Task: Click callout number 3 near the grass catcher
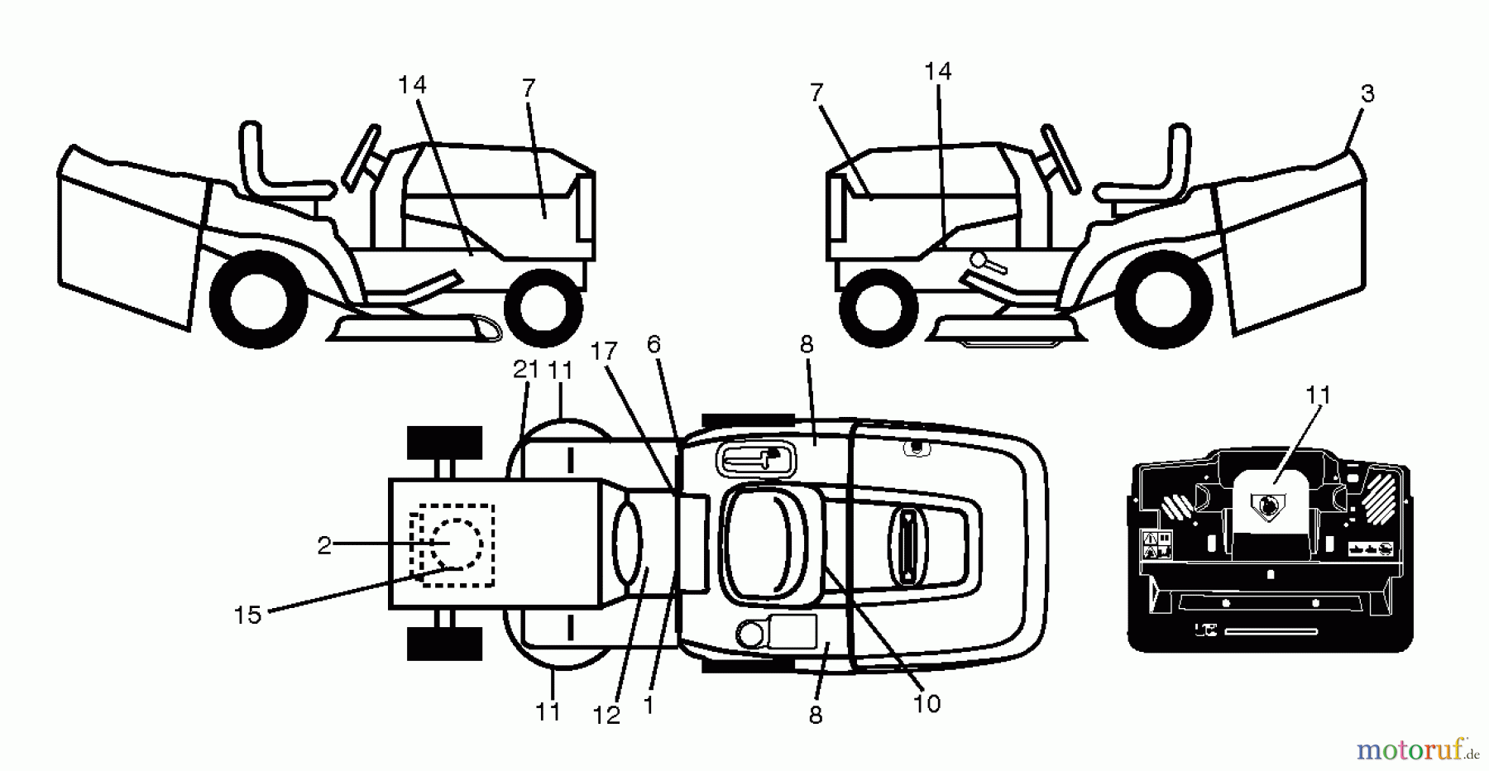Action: pyautogui.click(x=1367, y=94)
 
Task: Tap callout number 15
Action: pyautogui.click(x=247, y=615)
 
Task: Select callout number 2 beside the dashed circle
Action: pyautogui.click(x=324, y=545)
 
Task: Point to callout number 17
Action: pyautogui.click(x=604, y=352)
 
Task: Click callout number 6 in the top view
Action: pyautogui.click(x=654, y=345)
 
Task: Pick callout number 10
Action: pyautogui.click(x=926, y=703)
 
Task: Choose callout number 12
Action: pyautogui.click(x=606, y=716)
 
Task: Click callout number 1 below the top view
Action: pyautogui.click(x=649, y=705)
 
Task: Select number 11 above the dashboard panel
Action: pyautogui.click(x=1318, y=395)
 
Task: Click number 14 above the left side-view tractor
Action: pyautogui.click(x=412, y=85)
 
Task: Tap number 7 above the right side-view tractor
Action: pyautogui.click(x=817, y=93)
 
